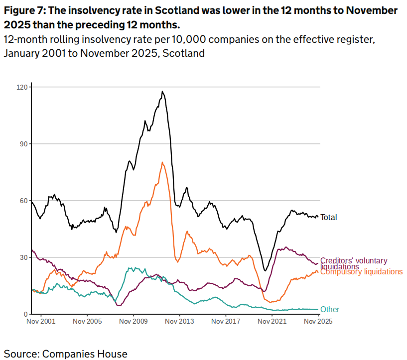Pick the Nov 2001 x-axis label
click(x=41, y=322)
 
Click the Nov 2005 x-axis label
click(x=87, y=322)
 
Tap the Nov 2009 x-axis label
click(x=134, y=322)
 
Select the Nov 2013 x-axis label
click(x=180, y=322)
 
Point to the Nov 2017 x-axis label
click(x=226, y=322)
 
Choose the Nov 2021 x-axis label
click(x=272, y=322)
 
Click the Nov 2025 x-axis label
click(x=318, y=322)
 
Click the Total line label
click(x=329, y=217)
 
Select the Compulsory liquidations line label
click(x=361, y=272)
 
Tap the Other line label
click(x=330, y=310)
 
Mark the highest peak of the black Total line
click(x=162, y=92)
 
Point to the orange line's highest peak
click(x=162, y=162)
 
